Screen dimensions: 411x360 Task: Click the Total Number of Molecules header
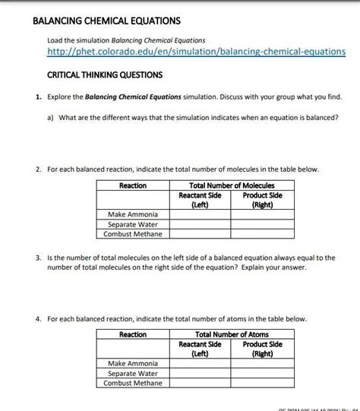tap(232, 185)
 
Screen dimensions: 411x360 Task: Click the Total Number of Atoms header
tap(232, 334)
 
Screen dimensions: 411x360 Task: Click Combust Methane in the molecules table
tap(133, 235)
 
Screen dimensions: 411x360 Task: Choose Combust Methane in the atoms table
tap(133, 384)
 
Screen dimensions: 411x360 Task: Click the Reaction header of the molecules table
tap(133, 185)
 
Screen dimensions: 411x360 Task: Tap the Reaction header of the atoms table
tap(133, 334)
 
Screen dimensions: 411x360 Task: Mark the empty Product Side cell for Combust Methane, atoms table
tap(263, 384)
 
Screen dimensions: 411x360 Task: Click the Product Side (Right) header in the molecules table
tap(263, 200)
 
